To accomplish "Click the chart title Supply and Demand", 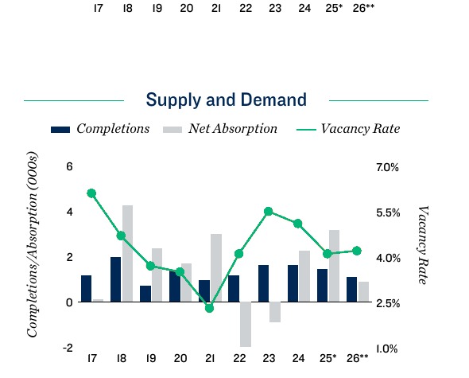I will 226,100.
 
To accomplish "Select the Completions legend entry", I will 100,129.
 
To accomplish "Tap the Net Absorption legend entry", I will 220,129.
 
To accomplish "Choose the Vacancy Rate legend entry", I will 347,129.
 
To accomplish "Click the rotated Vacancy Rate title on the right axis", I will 423,245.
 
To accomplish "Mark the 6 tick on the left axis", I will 69,167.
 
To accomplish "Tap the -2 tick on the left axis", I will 68,349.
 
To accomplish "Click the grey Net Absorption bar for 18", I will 127,253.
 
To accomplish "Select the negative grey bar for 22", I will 245,324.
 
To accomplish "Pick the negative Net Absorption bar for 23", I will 274,312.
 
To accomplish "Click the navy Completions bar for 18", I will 115,279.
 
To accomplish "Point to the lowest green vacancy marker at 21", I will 210,307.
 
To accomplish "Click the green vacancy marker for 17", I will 91,193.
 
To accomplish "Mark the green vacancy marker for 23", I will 269,212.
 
